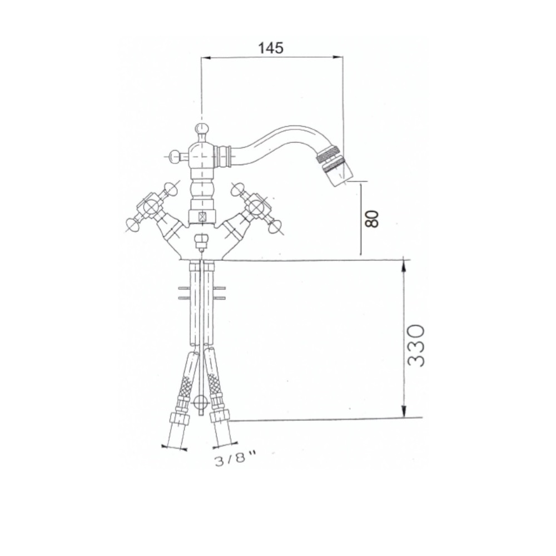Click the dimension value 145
[271, 48]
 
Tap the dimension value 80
[373, 218]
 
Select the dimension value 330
[416, 345]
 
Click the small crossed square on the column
[202, 217]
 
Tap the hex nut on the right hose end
[220, 416]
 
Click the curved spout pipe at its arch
[278, 133]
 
